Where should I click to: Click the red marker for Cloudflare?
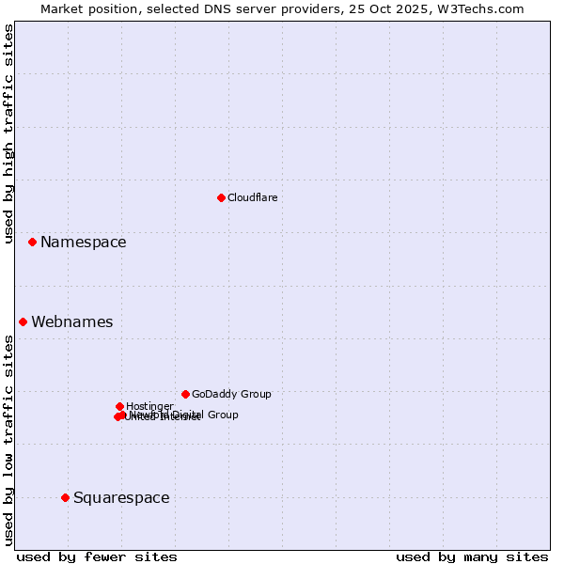click(x=221, y=197)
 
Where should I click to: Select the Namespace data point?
click(x=32, y=242)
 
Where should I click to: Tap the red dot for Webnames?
click(x=23, y=321)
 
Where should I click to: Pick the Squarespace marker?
click(x=65, y=497)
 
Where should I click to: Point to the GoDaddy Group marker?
click(x=185, y=394)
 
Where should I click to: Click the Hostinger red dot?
click(x=119, y=406)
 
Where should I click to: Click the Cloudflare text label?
click(x=252, y=197)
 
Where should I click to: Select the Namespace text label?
click(x=83, y=243)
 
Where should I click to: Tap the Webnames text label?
click(x=71, y=322)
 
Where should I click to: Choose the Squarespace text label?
click(x=121, y=498)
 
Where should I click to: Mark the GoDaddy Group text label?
click(x=231, y=395)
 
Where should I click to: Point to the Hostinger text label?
click(x=149, y=406)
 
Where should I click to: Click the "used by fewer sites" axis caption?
click(x=97, y=556)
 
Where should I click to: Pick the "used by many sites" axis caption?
click(x=472, y=556)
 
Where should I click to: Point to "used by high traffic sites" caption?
click(x=9, y=133)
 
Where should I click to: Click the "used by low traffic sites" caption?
click(x=9, y=440)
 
